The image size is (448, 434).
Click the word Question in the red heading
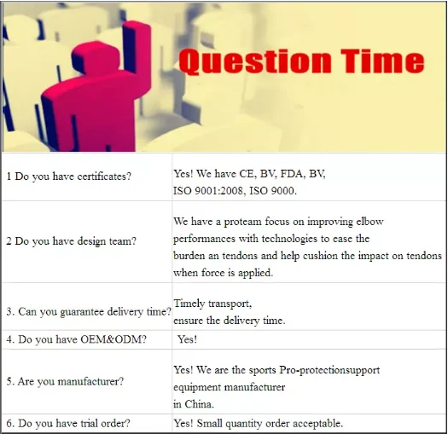255,62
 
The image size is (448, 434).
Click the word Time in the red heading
382,61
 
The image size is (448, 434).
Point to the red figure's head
95,58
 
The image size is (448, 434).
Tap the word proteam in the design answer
242,222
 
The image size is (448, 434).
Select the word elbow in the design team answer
369,222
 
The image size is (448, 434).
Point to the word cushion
320,256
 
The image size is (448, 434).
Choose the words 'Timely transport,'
212,304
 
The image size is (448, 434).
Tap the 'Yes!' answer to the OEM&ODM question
187,339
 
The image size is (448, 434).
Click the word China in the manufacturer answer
199,404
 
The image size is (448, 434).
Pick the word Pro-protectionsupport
329,370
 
